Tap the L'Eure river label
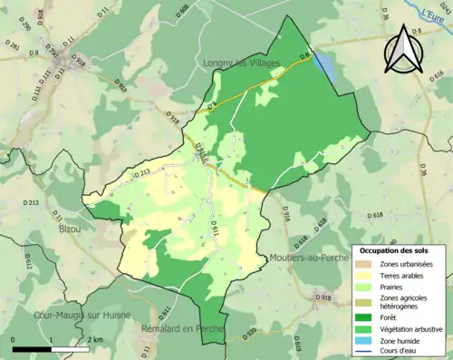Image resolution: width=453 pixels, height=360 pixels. click(x=437, y=14)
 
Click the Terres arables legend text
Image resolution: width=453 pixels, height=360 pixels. click(x=404, y=276)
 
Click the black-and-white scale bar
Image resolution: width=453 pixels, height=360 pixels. click(x=51, y=348)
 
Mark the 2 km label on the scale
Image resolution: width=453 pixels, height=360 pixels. click(x=96, y=339)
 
